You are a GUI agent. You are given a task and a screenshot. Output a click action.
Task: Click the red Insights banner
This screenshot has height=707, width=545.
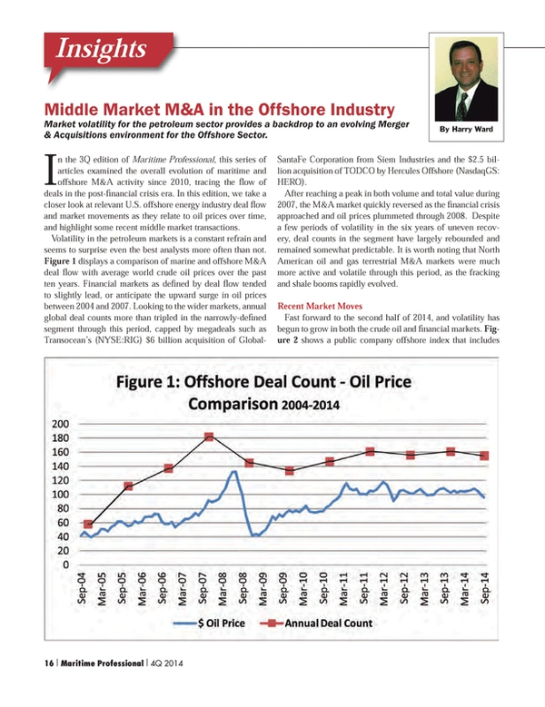(x=108, y=51)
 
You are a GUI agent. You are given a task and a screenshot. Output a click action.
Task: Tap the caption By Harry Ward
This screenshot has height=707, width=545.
(x=466, y=130)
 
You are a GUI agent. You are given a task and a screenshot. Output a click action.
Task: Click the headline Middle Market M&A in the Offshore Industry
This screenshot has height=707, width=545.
(x=219, y=110)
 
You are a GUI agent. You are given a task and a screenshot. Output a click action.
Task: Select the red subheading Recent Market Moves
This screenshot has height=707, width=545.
(x=320, y=306)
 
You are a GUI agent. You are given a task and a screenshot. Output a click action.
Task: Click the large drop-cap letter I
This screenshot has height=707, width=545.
(x=51, y=170)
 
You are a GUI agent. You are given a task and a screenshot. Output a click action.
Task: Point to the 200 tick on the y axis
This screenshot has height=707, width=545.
(x=61, y=424)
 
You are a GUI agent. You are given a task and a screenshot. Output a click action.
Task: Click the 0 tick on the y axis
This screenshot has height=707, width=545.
(x=66, y=565)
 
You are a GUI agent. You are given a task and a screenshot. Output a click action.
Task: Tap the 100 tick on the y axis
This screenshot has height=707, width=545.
(x=61, y=495)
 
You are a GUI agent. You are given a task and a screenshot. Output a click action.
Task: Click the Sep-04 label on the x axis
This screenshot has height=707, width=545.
(x=82, y=588)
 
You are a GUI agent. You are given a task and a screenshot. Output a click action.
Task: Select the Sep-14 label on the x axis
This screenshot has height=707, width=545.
(x=485, y=588)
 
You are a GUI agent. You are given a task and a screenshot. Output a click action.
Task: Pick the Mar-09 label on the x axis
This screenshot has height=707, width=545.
(x=263, y=588)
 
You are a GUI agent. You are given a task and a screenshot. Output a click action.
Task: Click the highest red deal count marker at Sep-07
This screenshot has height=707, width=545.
(x=209, y=437)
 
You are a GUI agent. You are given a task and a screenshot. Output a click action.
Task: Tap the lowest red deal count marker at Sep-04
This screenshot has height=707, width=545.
(x=88, y=524)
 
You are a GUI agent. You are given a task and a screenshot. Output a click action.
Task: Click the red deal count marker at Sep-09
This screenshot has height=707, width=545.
(x=290, y=471)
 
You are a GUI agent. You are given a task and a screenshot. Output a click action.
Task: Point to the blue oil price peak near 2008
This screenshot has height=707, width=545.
(x=233, y=472)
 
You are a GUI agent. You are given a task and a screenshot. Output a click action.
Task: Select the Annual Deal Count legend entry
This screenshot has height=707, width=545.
(x=316, y=624)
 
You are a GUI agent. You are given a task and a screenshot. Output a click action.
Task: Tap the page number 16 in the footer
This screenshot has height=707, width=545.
(x=48, y=663)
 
